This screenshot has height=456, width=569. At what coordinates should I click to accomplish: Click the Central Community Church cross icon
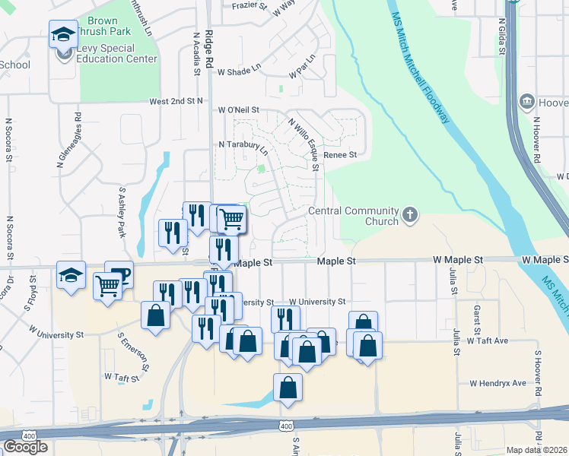[x=410, y=215]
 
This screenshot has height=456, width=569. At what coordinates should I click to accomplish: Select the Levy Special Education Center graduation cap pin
[x=63, y=34]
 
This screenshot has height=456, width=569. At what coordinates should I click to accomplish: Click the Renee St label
[x=340, y=155]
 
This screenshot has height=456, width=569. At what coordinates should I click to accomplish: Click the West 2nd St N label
[x=176, y=100]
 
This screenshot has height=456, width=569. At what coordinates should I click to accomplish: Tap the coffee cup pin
[x=119, y=274]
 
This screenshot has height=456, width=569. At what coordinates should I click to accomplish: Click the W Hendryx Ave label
[x=497, y=383]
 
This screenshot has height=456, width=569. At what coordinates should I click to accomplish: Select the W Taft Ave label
[x=487, y=341]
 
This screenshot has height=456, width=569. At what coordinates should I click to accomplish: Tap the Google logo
[x=24, y=446]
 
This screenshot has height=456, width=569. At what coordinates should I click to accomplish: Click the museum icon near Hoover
[x=526, y=102]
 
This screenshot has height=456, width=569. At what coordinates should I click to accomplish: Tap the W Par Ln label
[x=302, y=68]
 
